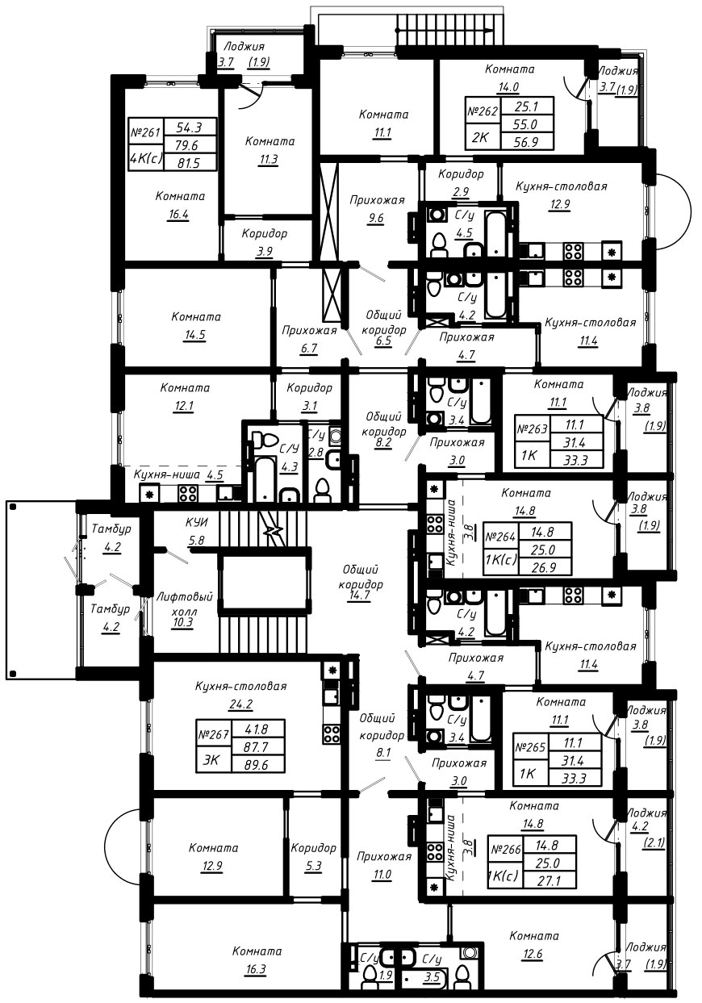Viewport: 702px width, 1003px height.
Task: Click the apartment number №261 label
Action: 146,132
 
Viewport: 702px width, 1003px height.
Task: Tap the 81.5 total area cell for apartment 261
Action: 189,162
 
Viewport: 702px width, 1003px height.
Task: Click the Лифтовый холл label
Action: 184,603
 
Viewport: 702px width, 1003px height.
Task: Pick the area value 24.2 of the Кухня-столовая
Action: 241,704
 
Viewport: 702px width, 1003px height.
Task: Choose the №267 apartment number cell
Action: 214,734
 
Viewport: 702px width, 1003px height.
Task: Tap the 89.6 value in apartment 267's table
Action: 256,766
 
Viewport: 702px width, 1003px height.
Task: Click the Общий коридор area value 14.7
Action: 361,595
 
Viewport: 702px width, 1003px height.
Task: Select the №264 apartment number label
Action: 500,536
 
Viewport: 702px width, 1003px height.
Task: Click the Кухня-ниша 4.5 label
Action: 178,474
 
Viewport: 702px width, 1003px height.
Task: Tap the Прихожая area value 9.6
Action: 375,219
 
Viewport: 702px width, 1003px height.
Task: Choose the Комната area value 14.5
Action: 195,336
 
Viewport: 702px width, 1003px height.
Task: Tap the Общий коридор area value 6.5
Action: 384,341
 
